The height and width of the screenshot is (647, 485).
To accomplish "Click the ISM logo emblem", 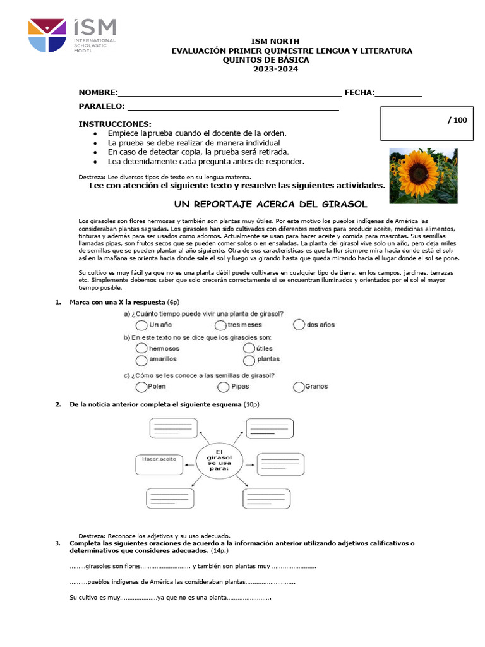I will coord(46,35).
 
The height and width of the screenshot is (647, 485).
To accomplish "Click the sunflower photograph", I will coord(423,176).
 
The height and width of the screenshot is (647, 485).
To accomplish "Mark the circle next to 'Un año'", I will coord(141,325).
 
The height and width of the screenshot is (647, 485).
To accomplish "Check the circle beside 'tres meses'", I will coord(220,325).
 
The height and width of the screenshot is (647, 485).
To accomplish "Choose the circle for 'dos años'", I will coord(299,325).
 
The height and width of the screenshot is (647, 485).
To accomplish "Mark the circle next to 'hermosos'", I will coord(141,348).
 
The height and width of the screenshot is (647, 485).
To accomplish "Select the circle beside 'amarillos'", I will coord(141,360).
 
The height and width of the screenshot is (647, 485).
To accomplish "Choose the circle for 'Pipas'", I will coord(223,387).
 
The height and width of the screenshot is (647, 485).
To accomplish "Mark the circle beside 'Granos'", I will coord(299,387).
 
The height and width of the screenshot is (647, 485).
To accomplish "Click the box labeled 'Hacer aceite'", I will coord(159,464).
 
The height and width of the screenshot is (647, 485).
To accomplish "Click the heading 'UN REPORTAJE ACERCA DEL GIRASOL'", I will coord(270,204).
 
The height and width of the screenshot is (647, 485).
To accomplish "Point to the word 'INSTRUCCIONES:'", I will coord(115,124).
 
